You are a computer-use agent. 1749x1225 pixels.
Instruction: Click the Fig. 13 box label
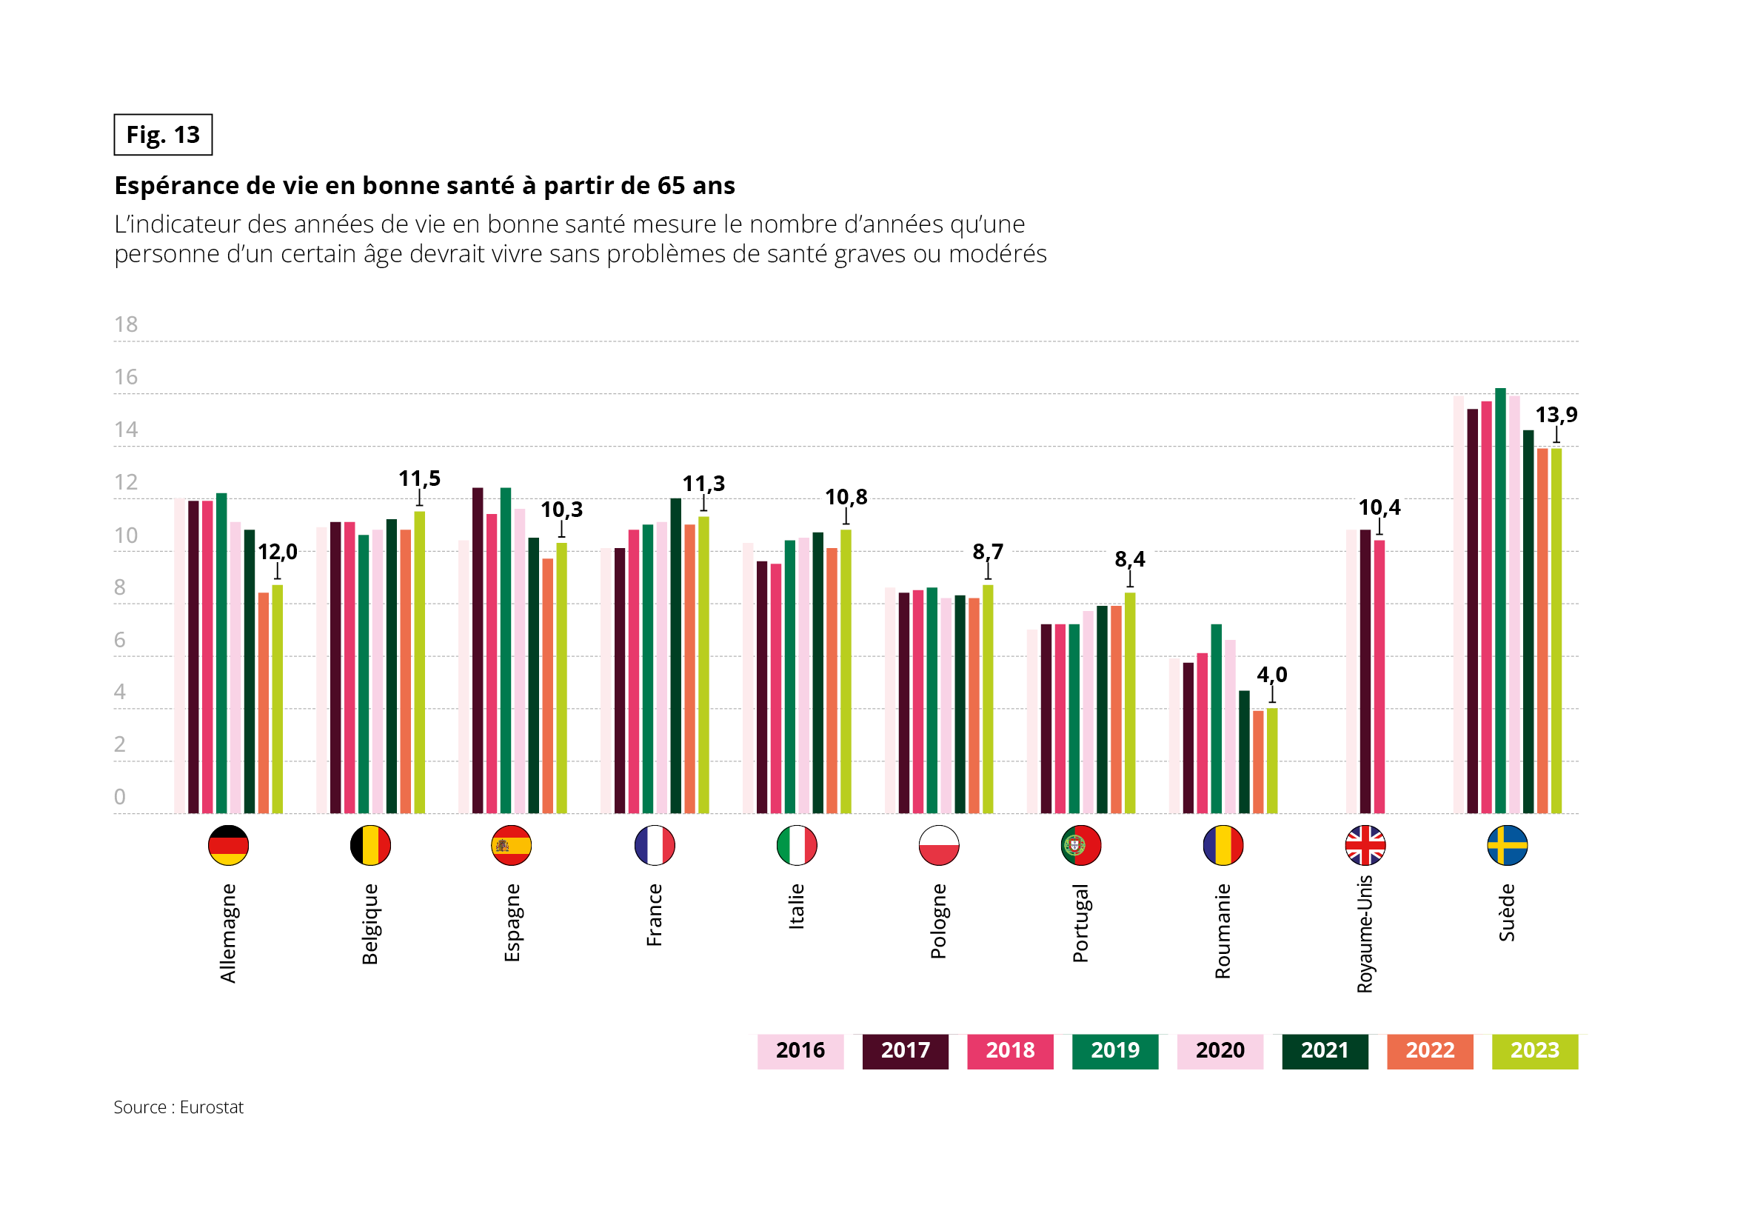pos(163,135)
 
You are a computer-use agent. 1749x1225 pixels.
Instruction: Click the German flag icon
pos(228,845)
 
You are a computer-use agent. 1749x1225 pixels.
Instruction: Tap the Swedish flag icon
pos(1507,845)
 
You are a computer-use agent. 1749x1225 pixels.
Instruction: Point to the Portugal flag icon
pos(1080,845)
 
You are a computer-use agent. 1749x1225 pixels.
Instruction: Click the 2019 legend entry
pos(1114,1050)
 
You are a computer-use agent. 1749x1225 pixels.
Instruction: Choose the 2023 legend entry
pos(1534,1050)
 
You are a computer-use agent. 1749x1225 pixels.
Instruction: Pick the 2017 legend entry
pos(905,1050)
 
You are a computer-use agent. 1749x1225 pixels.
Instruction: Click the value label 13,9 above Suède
pos(1556,415)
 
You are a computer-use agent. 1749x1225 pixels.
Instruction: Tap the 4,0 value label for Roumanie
pos(1271,674)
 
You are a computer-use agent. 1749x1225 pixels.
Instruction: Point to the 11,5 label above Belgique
pos(419,478)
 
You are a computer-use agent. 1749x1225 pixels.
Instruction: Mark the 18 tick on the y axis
pos(126,324)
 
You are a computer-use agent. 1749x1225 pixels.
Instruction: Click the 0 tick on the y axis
pos(120,797)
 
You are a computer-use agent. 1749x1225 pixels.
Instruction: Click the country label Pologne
pos(937,921)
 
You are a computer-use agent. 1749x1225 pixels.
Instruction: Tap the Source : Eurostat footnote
pos(178,1107)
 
